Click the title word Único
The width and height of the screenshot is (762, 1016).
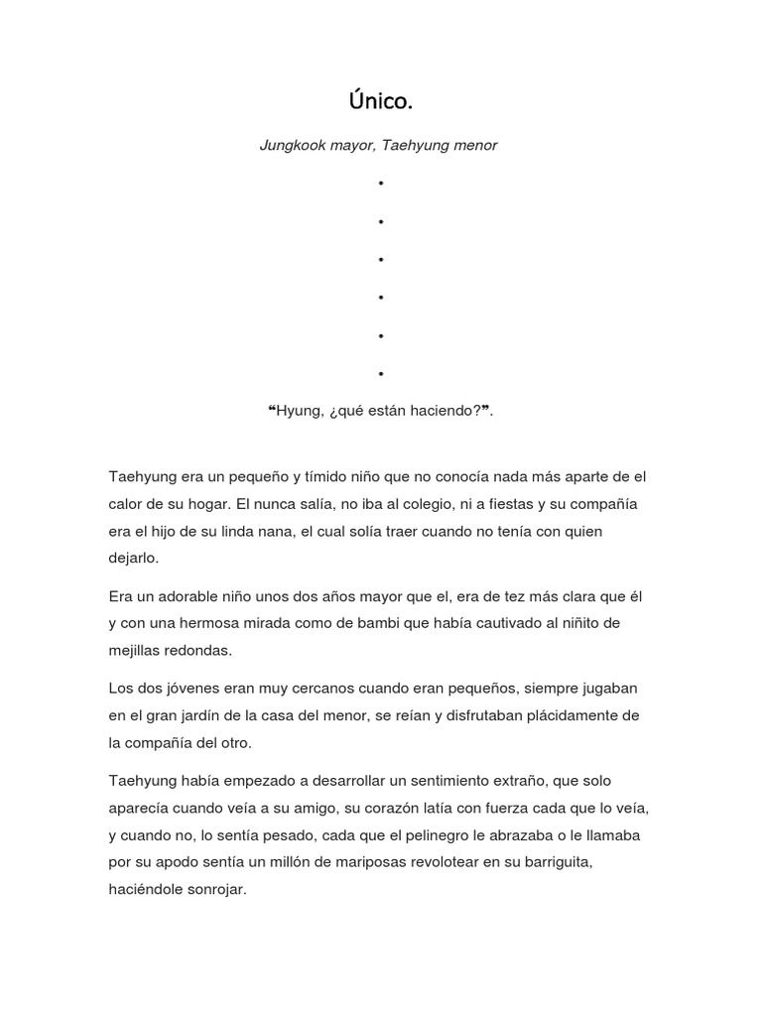(x=379, y=100)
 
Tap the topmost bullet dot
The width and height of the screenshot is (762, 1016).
(x=380, y=184)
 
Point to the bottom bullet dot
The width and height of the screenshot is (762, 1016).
(x=380, y=374)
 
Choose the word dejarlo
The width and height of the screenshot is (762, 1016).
(x=133, y=558)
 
